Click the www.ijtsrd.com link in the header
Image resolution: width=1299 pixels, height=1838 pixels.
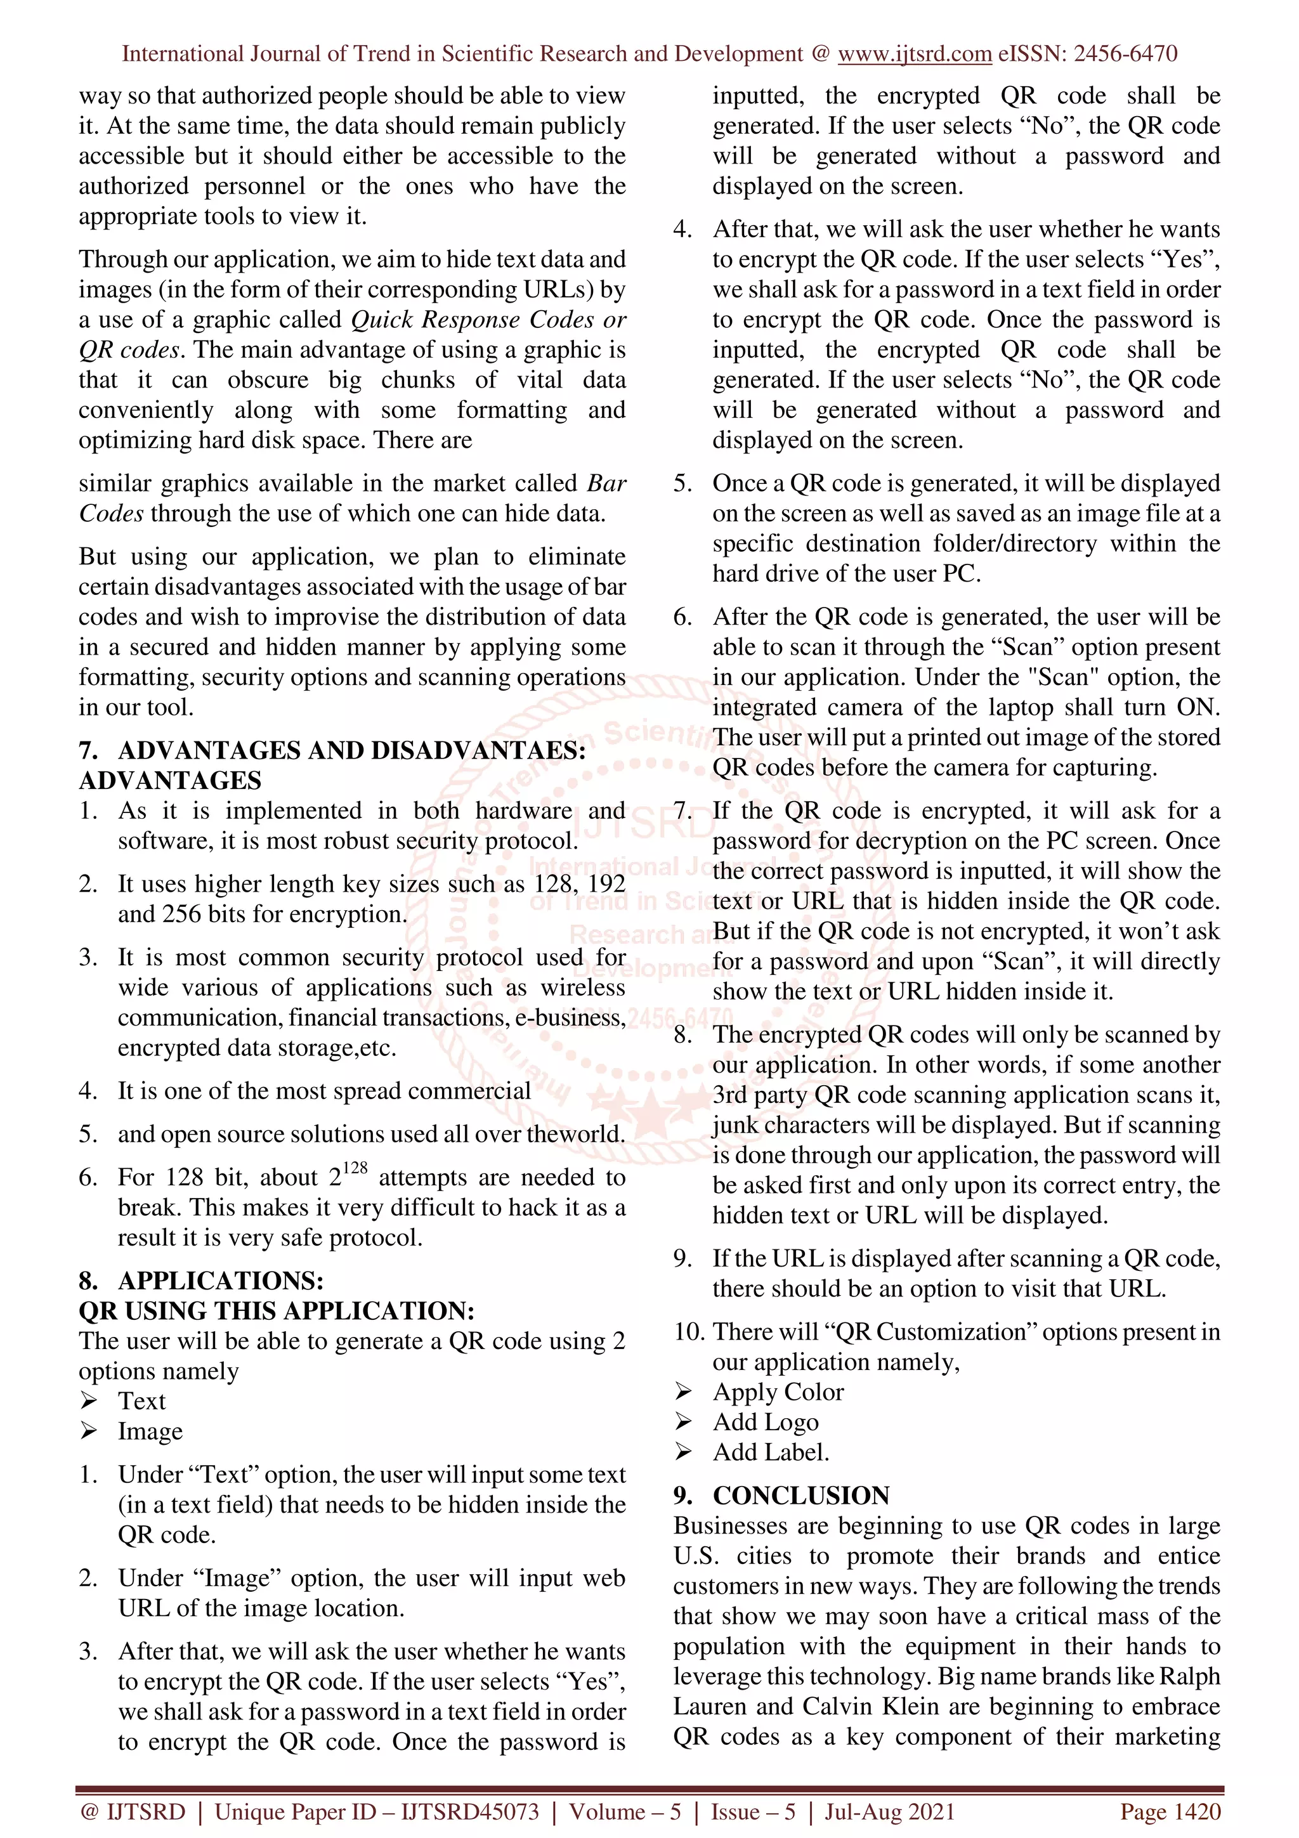point(914,54)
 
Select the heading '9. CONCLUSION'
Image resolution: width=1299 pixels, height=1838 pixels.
point(781,1495)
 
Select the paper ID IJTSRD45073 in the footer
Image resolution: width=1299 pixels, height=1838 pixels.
point(470,1811)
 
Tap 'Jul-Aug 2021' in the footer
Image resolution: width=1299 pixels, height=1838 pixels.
point(890,1811)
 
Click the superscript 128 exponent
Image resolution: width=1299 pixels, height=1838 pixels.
point(355,1168)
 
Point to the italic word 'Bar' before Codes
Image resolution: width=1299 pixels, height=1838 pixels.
point(606,483)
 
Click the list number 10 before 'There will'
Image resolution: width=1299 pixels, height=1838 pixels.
point(688,1331)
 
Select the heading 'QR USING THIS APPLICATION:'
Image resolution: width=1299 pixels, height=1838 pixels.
point(276,1310)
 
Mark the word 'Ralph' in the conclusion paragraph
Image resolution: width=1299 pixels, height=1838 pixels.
point(1189,1676)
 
